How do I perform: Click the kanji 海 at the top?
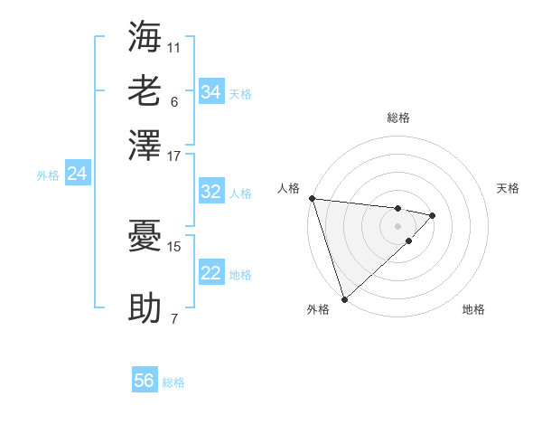[145, 37]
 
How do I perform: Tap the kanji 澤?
[145, 145]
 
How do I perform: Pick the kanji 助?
[145, 307]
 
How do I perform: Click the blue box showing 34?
[210, 92]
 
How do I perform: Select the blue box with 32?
[210, 192]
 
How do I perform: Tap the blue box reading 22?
[210, 273]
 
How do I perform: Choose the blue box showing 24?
[77, 175]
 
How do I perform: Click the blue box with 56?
[145, 381]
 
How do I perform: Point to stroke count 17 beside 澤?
[174, 156]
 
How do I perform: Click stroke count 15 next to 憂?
[174, 245]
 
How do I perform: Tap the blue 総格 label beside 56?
[173, 382]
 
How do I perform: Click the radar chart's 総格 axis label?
[397, 118]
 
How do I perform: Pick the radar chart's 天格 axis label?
[508, 188]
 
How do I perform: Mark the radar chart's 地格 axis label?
[473, 309]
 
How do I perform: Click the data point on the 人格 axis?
[312, 198]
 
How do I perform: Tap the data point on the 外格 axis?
[344, 298]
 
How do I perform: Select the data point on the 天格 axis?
[433, 215]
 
